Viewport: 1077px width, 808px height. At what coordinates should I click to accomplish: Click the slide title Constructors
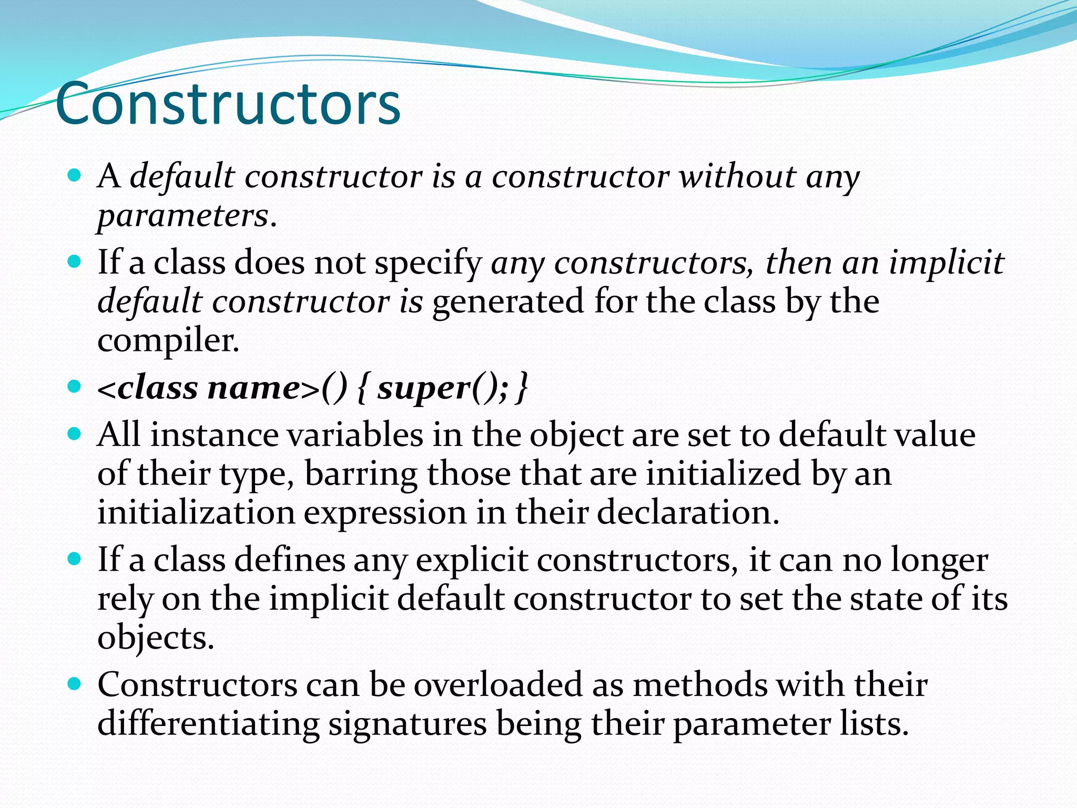(x=228, y=104)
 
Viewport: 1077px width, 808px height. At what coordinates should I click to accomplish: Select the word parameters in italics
(x=184, y=216)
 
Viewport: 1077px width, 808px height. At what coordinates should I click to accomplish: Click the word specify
(x=428, y=262)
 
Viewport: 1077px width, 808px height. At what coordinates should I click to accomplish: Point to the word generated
(x=508, y=301)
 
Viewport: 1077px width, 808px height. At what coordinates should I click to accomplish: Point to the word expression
(x=385, y=512)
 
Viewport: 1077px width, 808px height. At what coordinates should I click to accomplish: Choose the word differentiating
(x=208, y=724)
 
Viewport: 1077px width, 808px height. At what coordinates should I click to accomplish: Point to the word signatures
(x=408, y=724)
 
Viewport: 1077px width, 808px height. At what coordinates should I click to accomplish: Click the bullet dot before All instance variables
(x=75, y=434)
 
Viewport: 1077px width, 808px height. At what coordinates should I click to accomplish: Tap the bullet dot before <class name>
(x=75, y=387)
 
